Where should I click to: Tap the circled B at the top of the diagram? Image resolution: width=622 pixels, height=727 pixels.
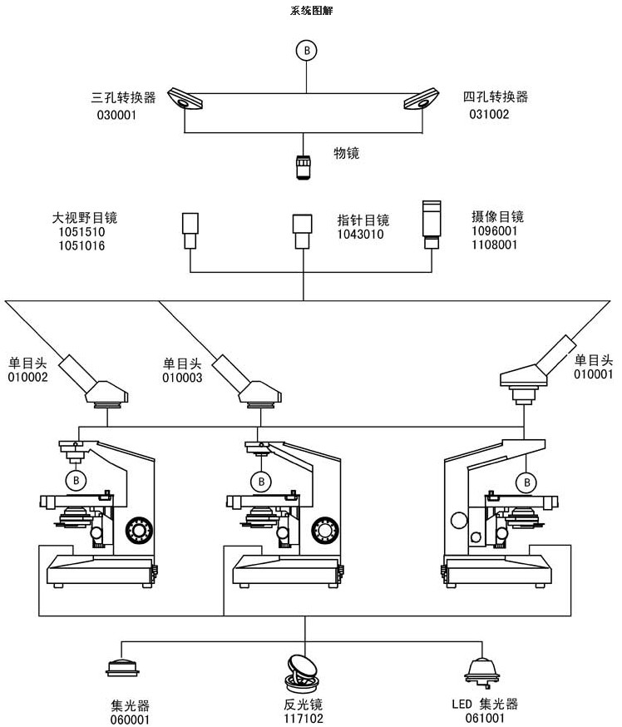click(x=308, y=51)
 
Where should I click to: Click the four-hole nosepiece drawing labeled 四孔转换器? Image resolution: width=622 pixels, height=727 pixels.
click(x=422, y=100)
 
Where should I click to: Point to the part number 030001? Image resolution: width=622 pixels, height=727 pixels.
click(x=116, y=115)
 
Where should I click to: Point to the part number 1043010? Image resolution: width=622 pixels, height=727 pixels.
click(x=360, y=235)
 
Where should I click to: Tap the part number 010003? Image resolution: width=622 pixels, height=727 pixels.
click(x=182, y=378)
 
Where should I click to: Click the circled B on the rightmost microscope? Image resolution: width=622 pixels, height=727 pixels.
click(x=525, y=482)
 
